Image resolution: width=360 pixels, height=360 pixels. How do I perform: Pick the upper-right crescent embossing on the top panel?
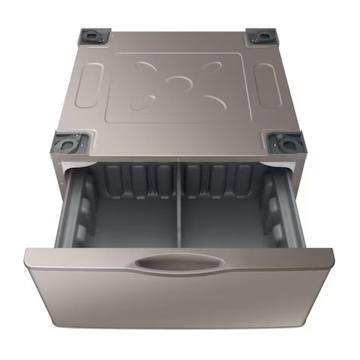point(208,67)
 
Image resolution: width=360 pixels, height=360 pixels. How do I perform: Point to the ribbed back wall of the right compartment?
point(225,180)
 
